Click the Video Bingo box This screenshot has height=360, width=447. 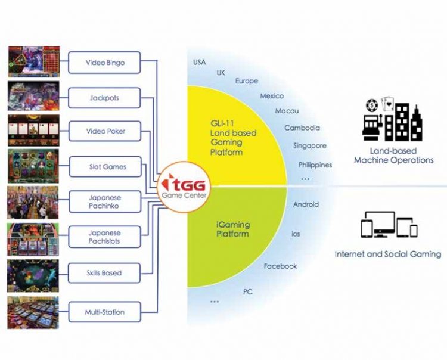(x=104, y=63)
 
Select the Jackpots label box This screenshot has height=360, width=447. (x=104, y=97)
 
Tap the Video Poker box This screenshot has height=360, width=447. (x=104, y=131)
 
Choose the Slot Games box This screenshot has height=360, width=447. (x=104, y=167)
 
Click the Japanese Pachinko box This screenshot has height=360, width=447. (x=104, y=201)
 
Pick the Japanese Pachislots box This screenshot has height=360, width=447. (x=104, y=237)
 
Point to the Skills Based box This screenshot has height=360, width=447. (x=104, y=273)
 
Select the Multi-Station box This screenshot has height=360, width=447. (x=104, y=311)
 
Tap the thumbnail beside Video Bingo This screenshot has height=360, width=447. (x=33, y=62)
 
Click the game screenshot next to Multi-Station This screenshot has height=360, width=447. (x=33, y=312)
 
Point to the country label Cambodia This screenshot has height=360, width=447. (x=302, y=128)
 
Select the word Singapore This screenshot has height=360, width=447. (x=309, y=145)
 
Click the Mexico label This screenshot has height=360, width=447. (x=272, y=96)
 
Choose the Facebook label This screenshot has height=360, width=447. (x=280, y=266)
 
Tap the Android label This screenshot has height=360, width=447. (x=306, y=204)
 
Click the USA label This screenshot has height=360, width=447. (x=199, y=62)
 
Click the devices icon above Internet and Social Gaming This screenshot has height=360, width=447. (x=389, y=225)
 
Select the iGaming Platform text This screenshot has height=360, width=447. (x=233, y=229)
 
